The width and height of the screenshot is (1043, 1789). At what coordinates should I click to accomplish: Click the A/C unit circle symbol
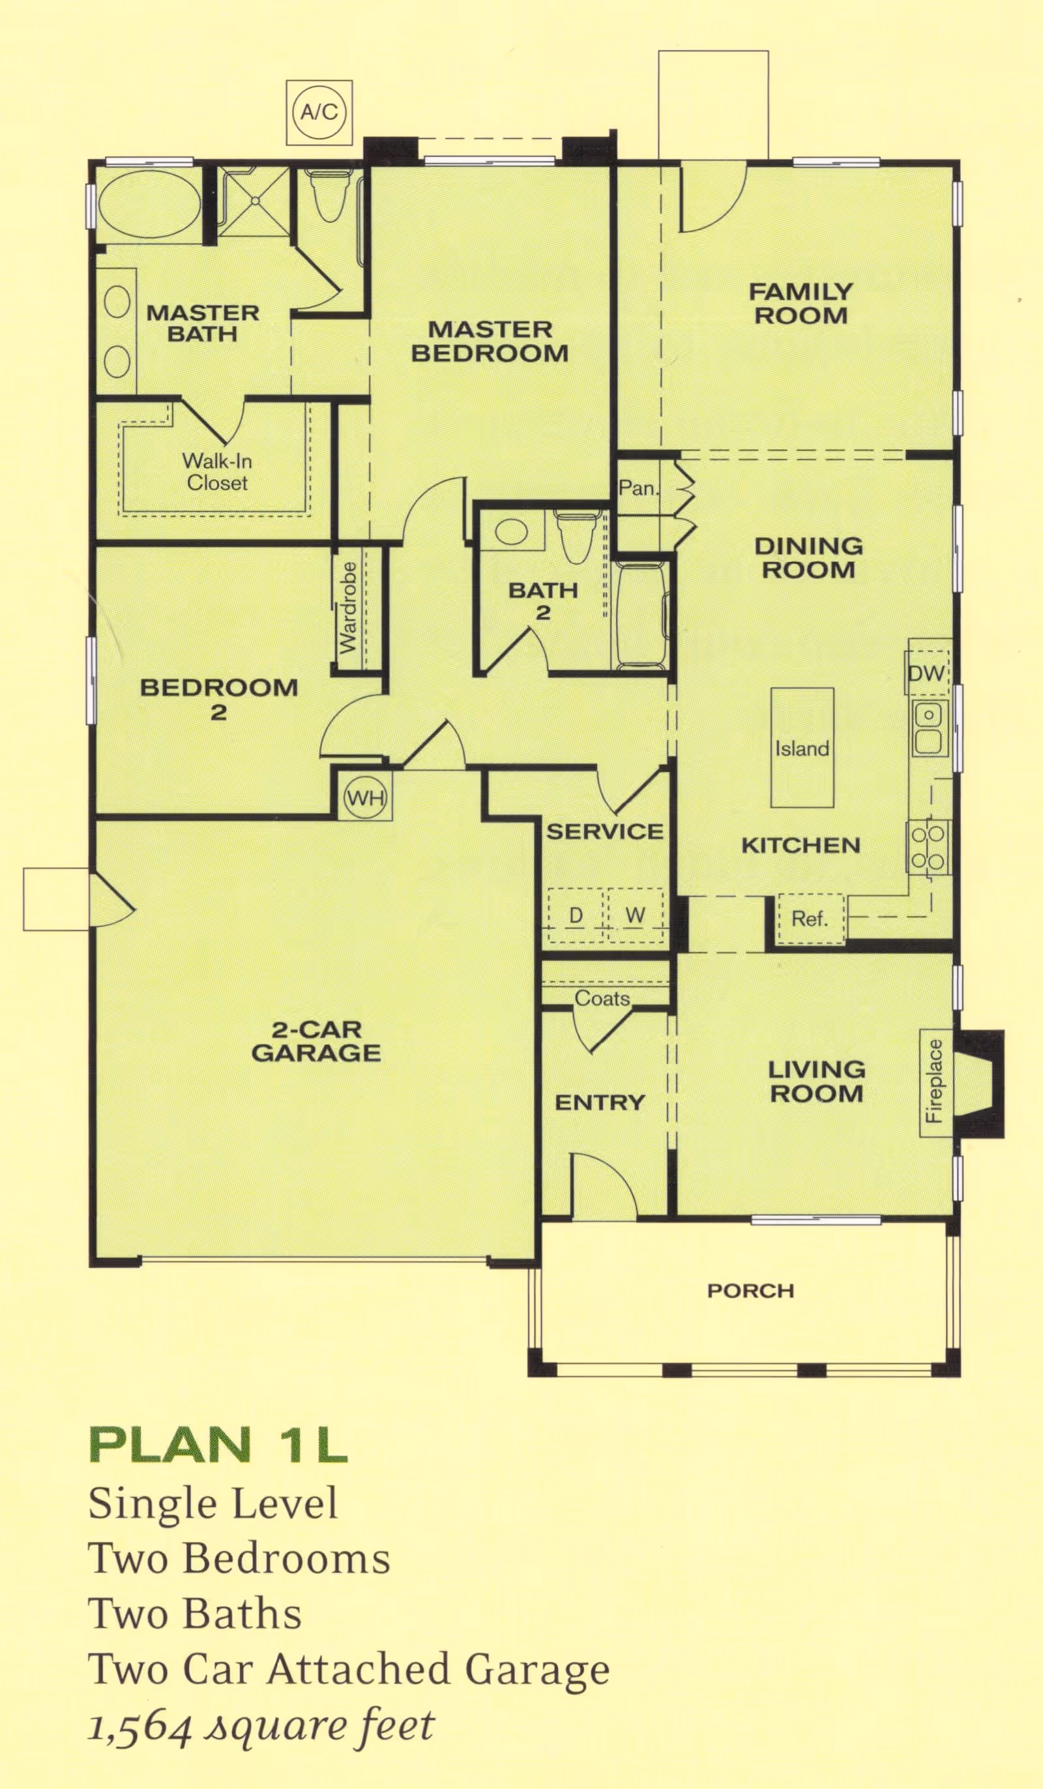click(x=319, y=112)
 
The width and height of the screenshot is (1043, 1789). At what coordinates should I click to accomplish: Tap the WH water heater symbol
click(x=366, y=797)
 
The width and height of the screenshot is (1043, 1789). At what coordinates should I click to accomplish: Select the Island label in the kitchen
click(x=802, y=748)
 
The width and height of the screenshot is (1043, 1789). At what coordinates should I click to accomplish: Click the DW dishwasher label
click(x=926, y=673)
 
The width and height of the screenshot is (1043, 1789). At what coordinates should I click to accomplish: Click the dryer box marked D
click(x=576, y=915)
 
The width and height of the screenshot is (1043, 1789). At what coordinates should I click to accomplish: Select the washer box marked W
click(x=635, y=915)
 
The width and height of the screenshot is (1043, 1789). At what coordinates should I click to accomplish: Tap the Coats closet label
click(x=602, y=999)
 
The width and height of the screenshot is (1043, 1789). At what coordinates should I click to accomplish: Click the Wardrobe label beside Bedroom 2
click(x=348, y=608)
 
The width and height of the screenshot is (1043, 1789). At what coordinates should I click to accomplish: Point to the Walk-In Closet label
click(x=217, y=472)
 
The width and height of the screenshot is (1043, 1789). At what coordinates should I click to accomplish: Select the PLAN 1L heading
click(x=218, y=1445)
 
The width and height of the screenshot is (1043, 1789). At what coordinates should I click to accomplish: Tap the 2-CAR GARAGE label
click(x=316, y=1041)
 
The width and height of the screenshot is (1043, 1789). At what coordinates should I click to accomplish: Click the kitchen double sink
click(x=928, y=728)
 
